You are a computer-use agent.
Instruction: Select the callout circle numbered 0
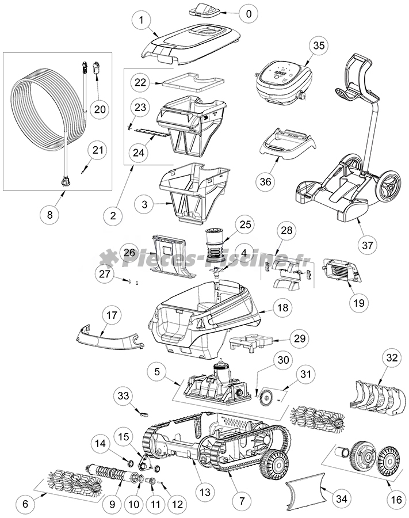[x=248, y=13]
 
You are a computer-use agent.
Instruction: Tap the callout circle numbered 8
[x=49, y=215]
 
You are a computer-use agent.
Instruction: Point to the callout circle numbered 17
[x=112, y=315]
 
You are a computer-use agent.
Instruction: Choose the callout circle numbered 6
[x=25, y=503]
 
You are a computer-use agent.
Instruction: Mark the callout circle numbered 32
[x=392, y=357]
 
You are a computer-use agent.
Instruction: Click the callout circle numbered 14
[x=101, y=444]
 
